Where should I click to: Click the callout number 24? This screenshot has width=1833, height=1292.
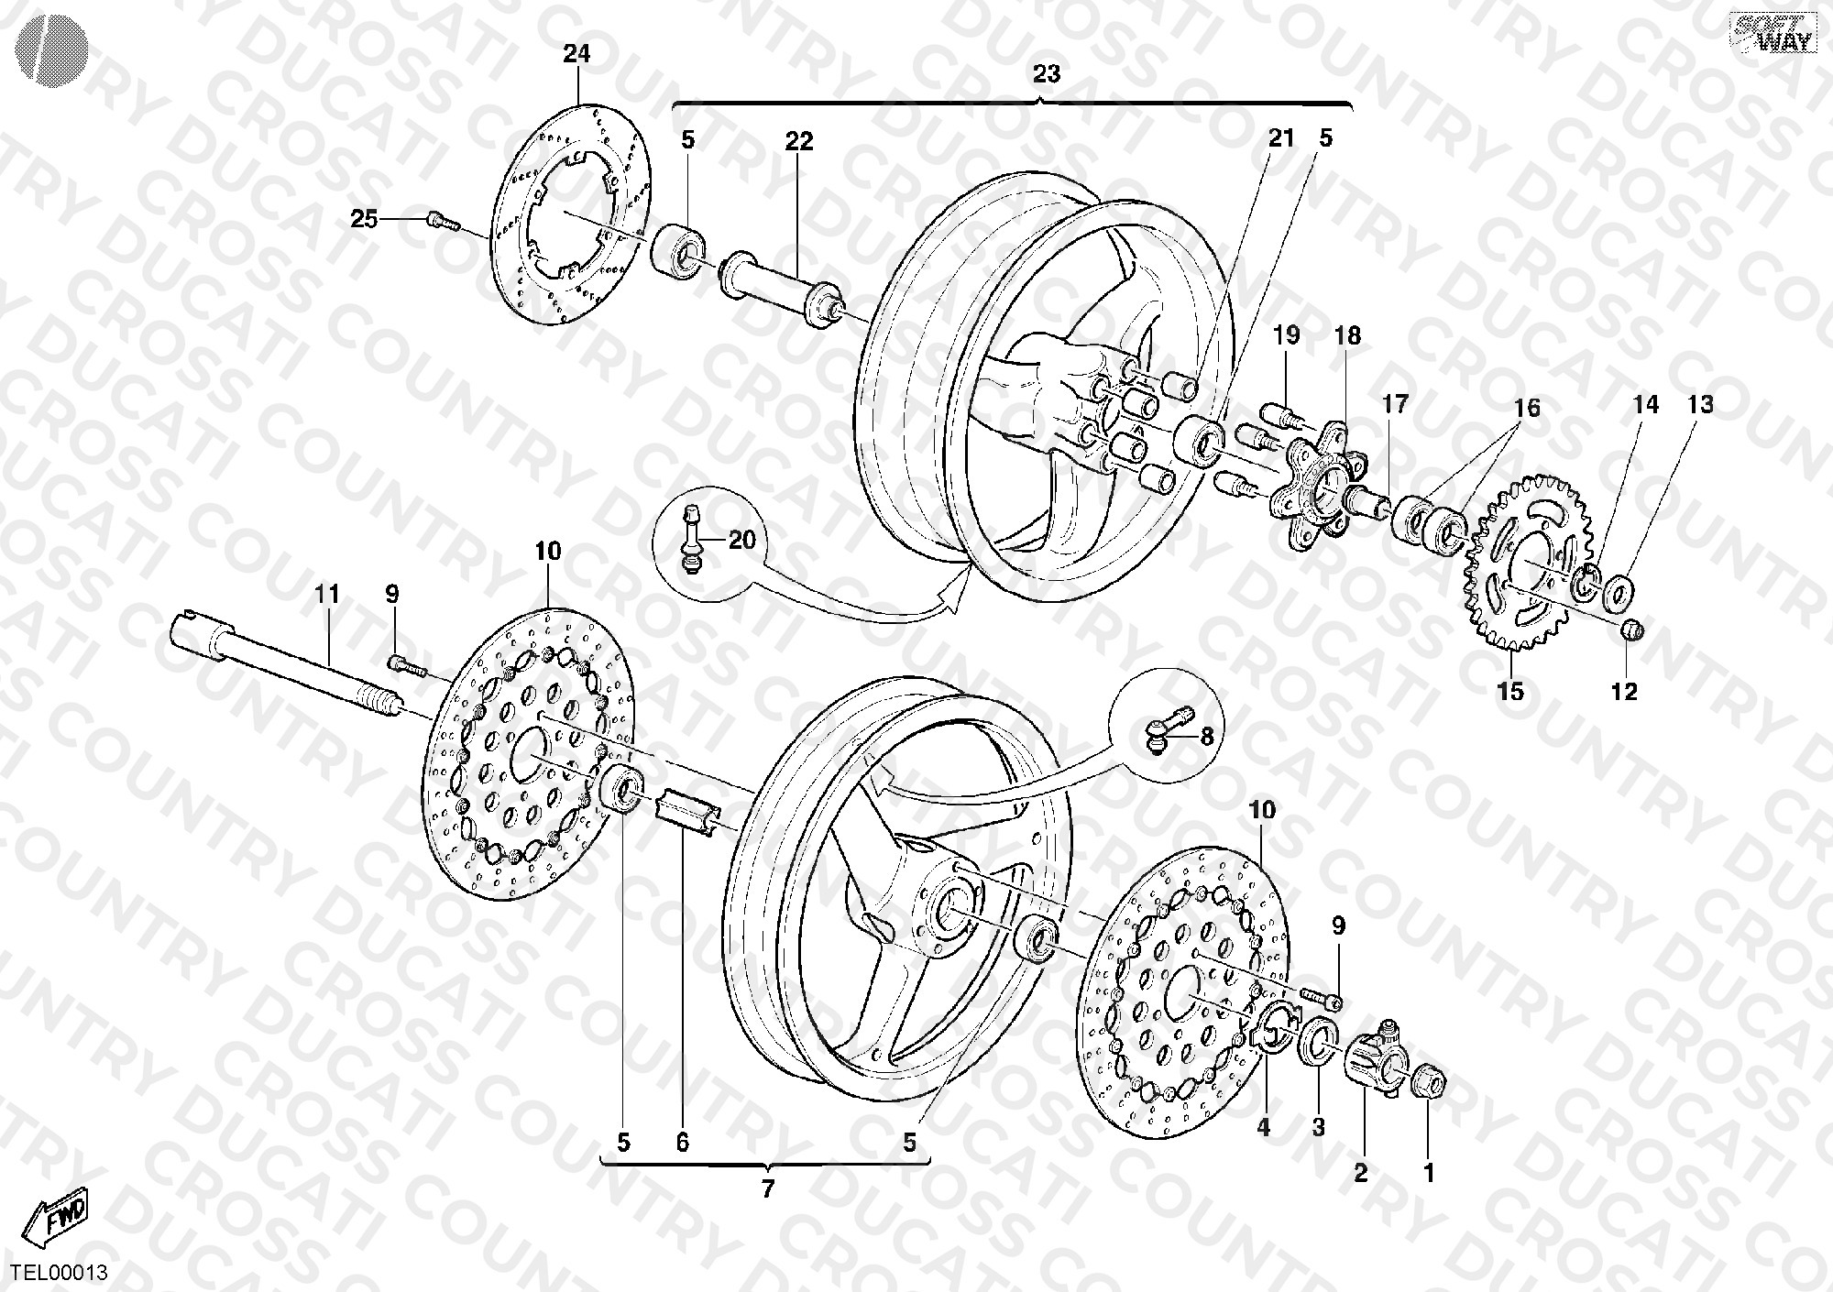click(x=576, y=54)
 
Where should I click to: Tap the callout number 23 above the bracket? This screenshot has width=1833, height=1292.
click(x=1046, y=73)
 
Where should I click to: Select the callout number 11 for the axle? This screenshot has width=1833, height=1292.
click(x=327, y=595)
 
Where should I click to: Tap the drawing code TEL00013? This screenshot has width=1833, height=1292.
click(x=60, y=1273)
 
